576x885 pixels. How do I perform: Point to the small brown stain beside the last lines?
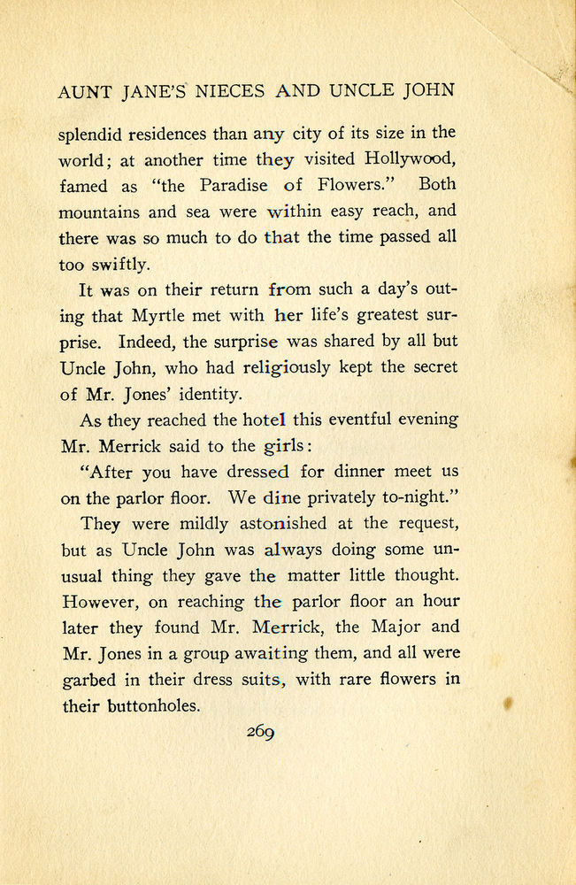(x=509, y=704)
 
